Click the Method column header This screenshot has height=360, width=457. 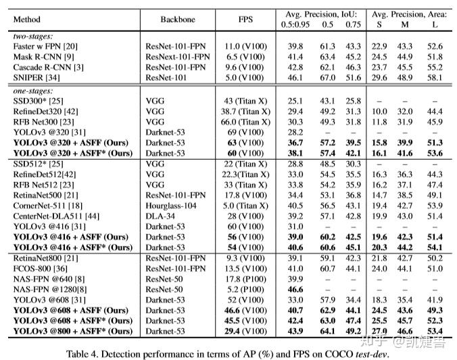(x=27, y=20)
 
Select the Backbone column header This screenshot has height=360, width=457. (x=177, y=20)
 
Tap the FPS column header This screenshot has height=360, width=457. (x=245, y=20)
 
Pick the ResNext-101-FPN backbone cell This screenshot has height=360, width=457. (x=177, y=57)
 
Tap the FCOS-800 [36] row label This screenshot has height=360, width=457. (x=40, y=269)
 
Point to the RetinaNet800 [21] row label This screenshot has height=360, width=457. (x=45, y=258)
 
